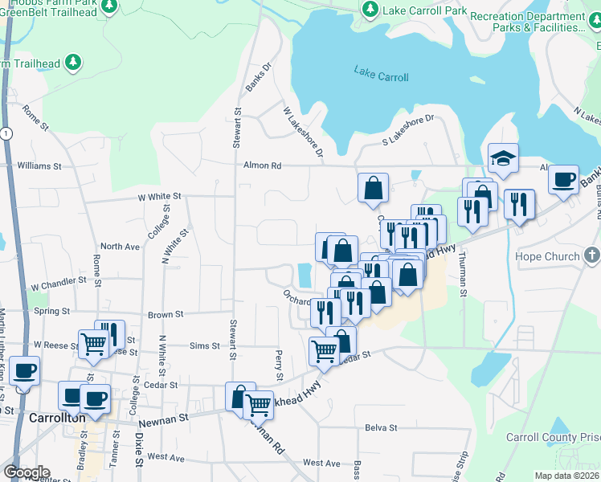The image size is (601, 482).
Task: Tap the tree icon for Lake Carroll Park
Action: (370, 10)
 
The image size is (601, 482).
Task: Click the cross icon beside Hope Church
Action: (592, 256)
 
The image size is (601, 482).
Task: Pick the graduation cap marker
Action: (503, 157)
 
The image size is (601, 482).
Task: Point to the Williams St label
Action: (39, 165)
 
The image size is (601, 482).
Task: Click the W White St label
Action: (160, 196)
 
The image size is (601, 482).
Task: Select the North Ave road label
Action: (120, 247)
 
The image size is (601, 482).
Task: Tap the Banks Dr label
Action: (260, 76)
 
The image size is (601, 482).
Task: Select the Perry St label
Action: (279, 366)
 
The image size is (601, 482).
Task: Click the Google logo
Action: (26, 472)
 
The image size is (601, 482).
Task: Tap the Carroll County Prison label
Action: (553, 438)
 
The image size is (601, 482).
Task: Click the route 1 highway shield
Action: (5, 133)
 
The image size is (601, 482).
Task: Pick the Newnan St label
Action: (163, 419)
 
